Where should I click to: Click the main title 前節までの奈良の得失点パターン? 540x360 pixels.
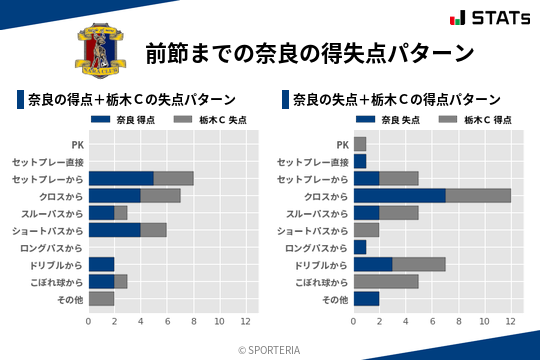309,52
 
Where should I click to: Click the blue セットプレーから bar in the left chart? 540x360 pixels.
121,178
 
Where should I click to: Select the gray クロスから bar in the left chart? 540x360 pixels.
160,195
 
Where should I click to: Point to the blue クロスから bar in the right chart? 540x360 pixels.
399,195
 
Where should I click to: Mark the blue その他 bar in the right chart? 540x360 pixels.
366,298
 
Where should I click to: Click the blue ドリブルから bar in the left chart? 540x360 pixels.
101,264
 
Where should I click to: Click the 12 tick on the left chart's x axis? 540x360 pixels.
245,321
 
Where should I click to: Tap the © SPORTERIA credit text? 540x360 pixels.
270,349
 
